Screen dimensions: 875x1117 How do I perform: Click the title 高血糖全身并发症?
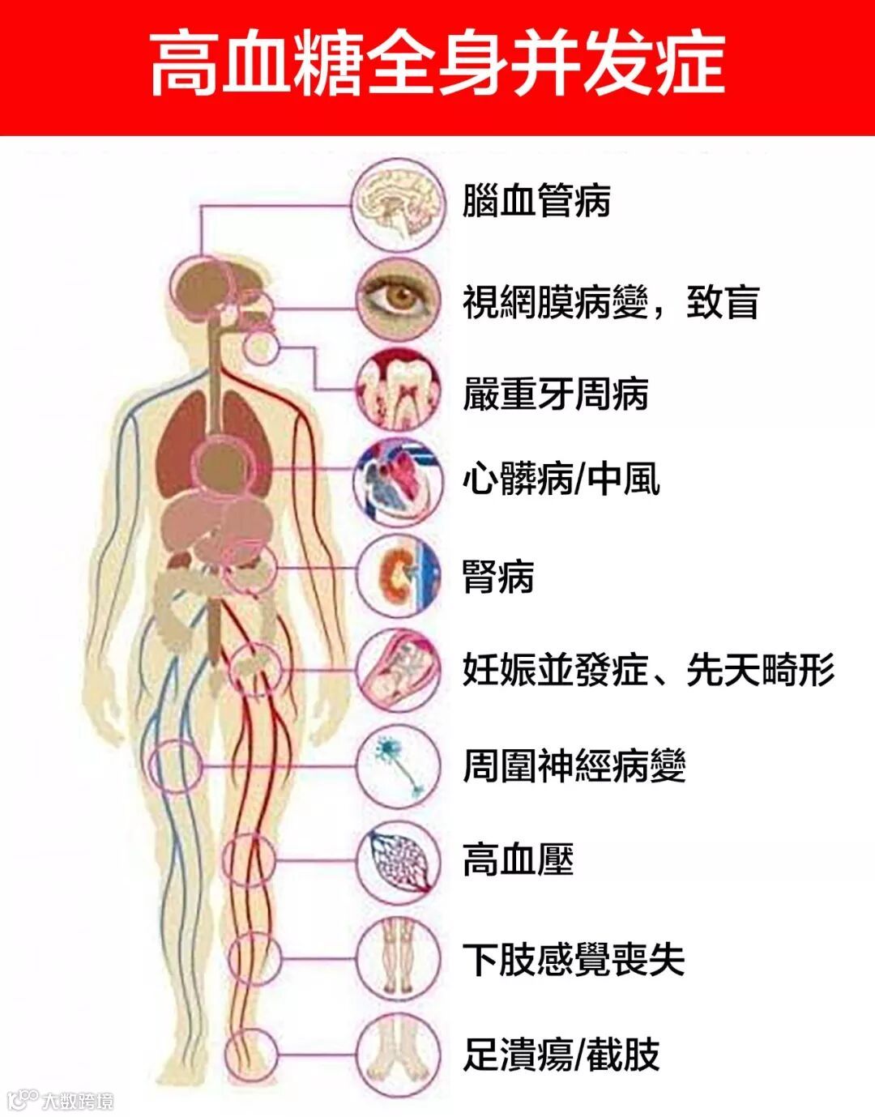(437, 65)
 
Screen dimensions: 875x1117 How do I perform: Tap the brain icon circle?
(399, 204)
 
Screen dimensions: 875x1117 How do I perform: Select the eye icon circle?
(399, 301)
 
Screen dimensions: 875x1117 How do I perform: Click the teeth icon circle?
(399, 392)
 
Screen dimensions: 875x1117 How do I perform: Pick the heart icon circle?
(399, 481)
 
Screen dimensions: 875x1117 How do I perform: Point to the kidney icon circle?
(399, 575)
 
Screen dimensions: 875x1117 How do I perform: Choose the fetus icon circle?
(399, 671)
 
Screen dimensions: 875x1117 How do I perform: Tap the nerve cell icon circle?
(399, 765)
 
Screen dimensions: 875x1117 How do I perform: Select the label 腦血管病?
(536, 202)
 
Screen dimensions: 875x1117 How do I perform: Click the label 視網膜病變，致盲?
(611, 302)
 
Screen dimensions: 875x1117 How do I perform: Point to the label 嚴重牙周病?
(555, 394)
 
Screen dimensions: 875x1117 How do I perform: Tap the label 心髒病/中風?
(561, 480)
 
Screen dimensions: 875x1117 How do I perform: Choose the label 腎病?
(498, 577)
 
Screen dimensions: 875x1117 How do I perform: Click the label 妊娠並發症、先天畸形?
(648, 671)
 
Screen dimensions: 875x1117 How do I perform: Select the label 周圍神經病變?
(574, 766)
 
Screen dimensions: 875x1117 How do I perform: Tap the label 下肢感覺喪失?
(574, 960)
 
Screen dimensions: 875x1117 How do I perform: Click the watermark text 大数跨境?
(78, 1101)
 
